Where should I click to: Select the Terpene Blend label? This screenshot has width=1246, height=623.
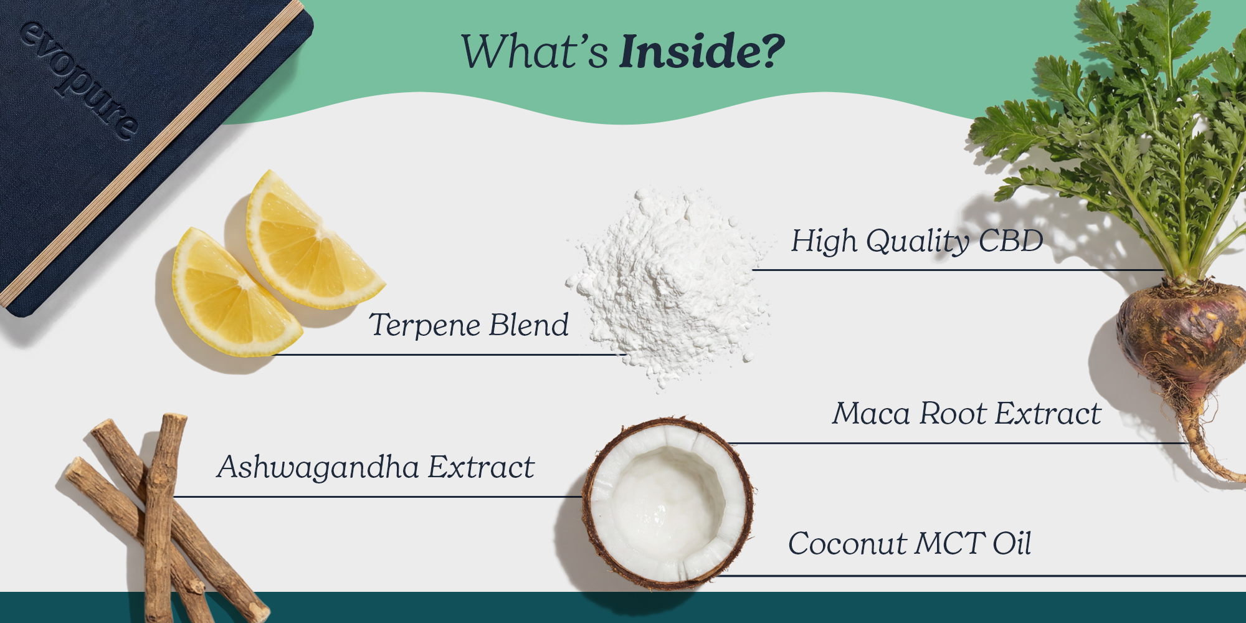(469, 325)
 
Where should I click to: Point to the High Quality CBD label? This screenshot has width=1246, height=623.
(917, 241)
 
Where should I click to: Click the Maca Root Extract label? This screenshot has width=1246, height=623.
(967, 413)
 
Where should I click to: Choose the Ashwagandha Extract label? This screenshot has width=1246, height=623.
(376, 467)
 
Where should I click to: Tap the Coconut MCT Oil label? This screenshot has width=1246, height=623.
(910, 543)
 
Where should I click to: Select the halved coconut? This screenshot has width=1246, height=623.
(668, 503)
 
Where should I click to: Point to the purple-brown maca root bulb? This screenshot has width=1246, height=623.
(1179, 333)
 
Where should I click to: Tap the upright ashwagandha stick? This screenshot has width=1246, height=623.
(161, 517)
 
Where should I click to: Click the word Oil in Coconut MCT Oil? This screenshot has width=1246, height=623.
(1012, 543)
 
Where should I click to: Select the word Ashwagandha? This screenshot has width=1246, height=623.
(318, 467)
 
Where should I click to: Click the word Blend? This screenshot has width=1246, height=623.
(529, 325)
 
